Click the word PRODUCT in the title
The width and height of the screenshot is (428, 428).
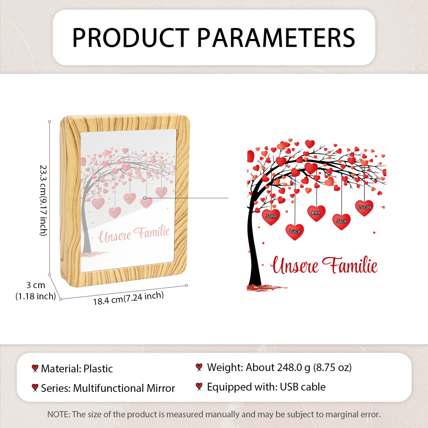point(131,38)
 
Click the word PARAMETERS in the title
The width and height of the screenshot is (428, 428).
point(276,38)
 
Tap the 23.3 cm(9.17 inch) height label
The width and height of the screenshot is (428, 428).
point(43,200)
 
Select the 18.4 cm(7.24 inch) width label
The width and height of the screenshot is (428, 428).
point(128,299)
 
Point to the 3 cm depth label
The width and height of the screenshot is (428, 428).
point(36,285)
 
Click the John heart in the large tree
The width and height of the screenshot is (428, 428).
point(271,217)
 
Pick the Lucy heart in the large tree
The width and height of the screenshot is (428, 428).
point(294,232)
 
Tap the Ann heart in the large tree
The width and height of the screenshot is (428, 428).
point(316,213)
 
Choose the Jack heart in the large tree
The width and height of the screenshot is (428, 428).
point(342,222)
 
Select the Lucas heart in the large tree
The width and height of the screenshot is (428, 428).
point(364,208)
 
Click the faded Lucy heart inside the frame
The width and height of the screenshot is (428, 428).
point(115,213)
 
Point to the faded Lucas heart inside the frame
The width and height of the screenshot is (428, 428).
point(161,192)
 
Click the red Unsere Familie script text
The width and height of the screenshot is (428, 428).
point(324,265)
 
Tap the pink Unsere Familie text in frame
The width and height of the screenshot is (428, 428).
point(134,234)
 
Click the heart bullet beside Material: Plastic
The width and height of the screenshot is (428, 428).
point(35,369)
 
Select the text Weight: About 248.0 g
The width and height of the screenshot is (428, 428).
point(259,367)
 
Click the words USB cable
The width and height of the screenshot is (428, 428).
point(303,387)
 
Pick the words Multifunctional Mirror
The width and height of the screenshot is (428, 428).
point(124,388)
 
